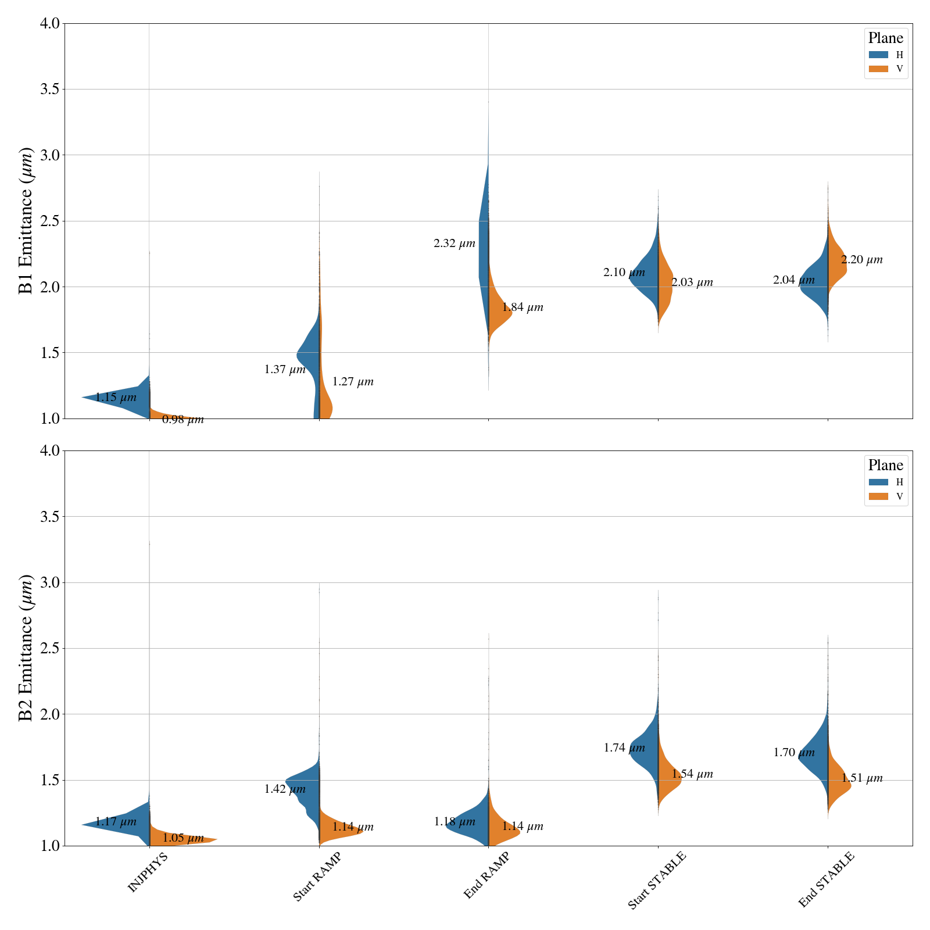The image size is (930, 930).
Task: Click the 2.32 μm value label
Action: (x=454, y=244)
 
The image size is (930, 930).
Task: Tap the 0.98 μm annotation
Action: (x=183, y=420)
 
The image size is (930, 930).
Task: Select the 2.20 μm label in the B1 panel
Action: (x=861, y=260)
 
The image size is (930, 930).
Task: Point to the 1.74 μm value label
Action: (x=624, y=748)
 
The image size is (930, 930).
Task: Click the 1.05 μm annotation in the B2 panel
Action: (x=183, y=838)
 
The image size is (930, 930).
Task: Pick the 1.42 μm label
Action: (x=285, y=789)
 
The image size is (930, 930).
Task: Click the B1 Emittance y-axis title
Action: (x=26, y=221)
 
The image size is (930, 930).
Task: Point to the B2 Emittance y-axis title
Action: (x=26, y=648)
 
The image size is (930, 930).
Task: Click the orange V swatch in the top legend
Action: (x=878, y=69)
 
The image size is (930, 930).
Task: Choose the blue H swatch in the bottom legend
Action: (x=878, y=482)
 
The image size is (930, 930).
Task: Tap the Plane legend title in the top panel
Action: (x=885, y=38)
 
